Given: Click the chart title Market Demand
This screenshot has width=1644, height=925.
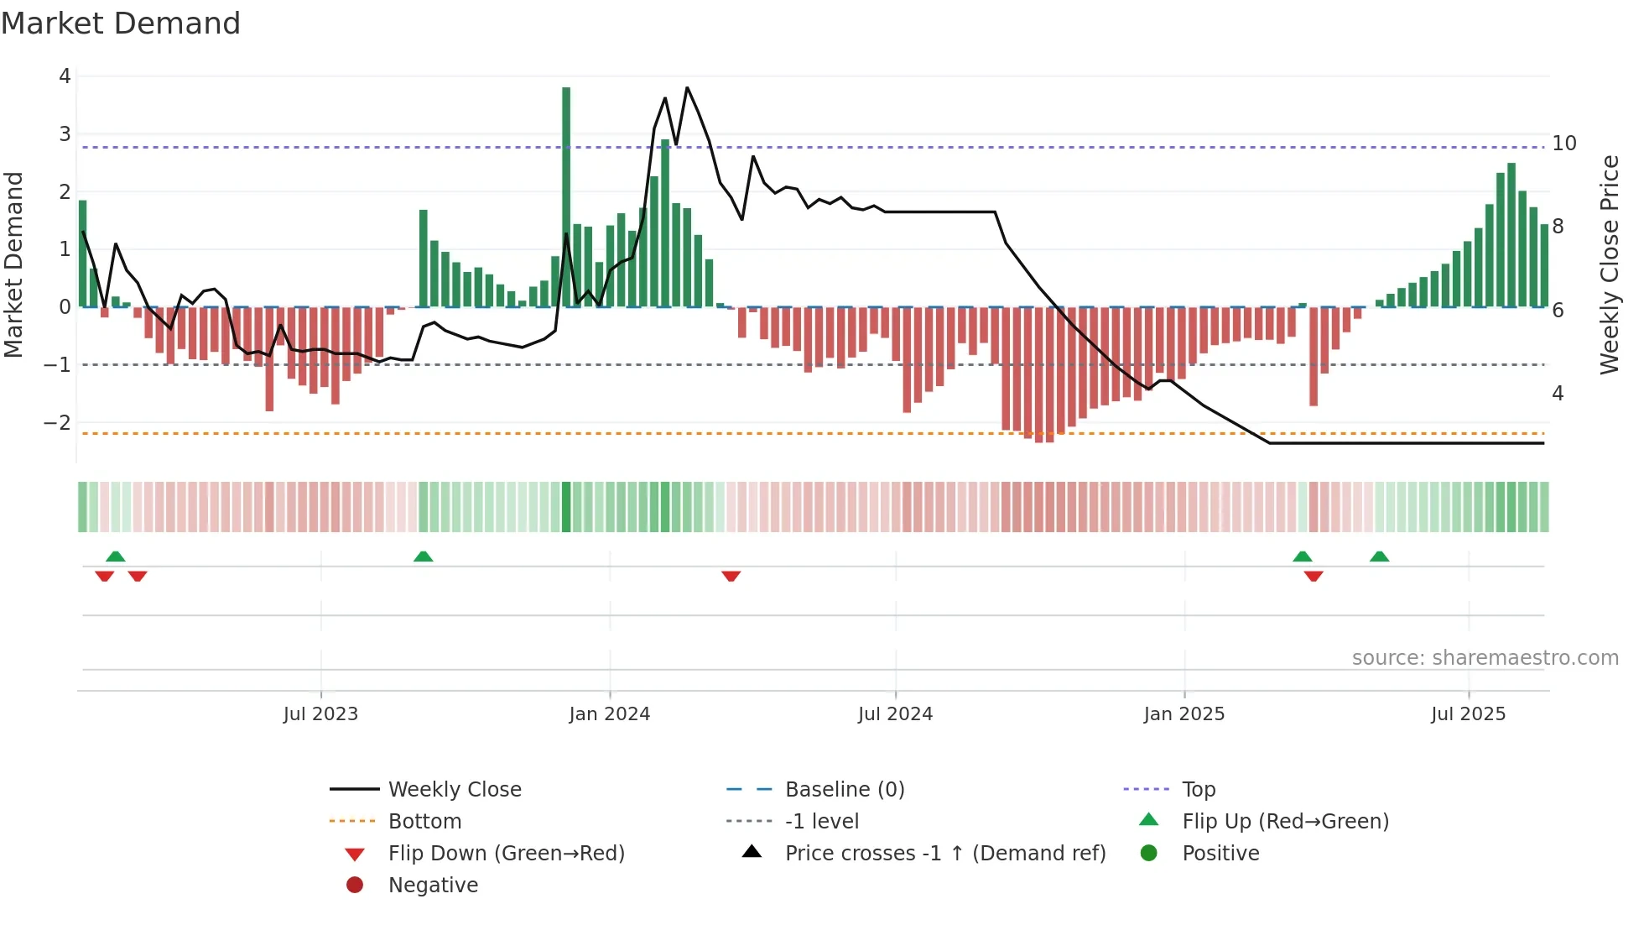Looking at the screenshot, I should [121, 24].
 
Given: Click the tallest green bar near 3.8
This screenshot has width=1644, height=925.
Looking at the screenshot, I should [566, 197].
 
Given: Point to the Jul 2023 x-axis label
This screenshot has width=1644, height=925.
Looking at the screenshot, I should [320, 714].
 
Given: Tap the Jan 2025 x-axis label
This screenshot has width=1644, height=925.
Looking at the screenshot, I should [1184, 714].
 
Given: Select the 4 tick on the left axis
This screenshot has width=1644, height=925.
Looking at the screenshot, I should [65, 76].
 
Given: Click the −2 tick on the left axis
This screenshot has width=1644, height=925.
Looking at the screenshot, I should [57, 423].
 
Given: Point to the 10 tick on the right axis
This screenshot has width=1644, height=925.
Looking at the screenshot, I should [1563, 144].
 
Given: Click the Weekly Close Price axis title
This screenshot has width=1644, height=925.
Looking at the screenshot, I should [1609, 264].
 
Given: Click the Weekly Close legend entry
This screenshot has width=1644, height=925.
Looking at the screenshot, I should [454, 790].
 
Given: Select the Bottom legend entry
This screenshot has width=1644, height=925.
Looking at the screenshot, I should [424, 822].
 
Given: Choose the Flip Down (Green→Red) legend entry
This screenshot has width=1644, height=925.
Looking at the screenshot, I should [506, 854].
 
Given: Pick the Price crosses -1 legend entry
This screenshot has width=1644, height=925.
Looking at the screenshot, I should [944, 854].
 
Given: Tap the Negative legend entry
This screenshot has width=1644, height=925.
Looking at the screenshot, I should [433, 886].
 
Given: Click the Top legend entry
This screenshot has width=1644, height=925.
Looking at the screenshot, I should [1198, 790].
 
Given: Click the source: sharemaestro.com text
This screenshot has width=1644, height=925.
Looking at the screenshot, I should [1485, 658].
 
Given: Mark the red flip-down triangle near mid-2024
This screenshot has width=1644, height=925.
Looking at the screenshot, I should [731, 576].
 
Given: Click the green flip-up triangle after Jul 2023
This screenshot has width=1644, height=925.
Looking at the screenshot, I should [424, 557].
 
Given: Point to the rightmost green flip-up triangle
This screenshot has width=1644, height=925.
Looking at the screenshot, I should [1379, 557].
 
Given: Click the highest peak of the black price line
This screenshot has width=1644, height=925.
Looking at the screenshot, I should [687, 87].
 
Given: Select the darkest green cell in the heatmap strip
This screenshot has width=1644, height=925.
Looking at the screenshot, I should [566, 507].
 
